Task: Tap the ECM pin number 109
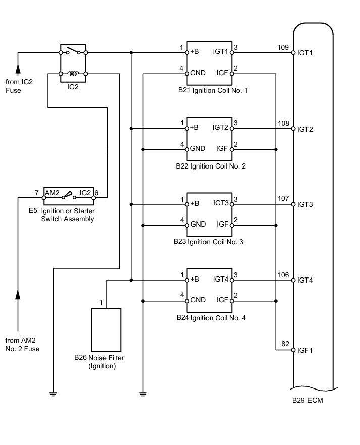[x=283, y=48]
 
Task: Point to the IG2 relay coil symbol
[x=74, y=74]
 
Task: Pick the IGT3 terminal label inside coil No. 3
[x=221, y=204]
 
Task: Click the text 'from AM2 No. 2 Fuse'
[x=23, y=344]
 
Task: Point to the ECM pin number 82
[x=285, y=344]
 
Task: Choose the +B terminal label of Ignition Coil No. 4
[x=195, y=280]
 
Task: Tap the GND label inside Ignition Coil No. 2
[x=198, y=149]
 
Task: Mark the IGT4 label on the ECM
[x=305, y=280]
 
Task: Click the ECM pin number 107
[x=283, y=199]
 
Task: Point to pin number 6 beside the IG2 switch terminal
[x=96, y=193]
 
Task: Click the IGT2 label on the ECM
[x=305, y=129]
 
